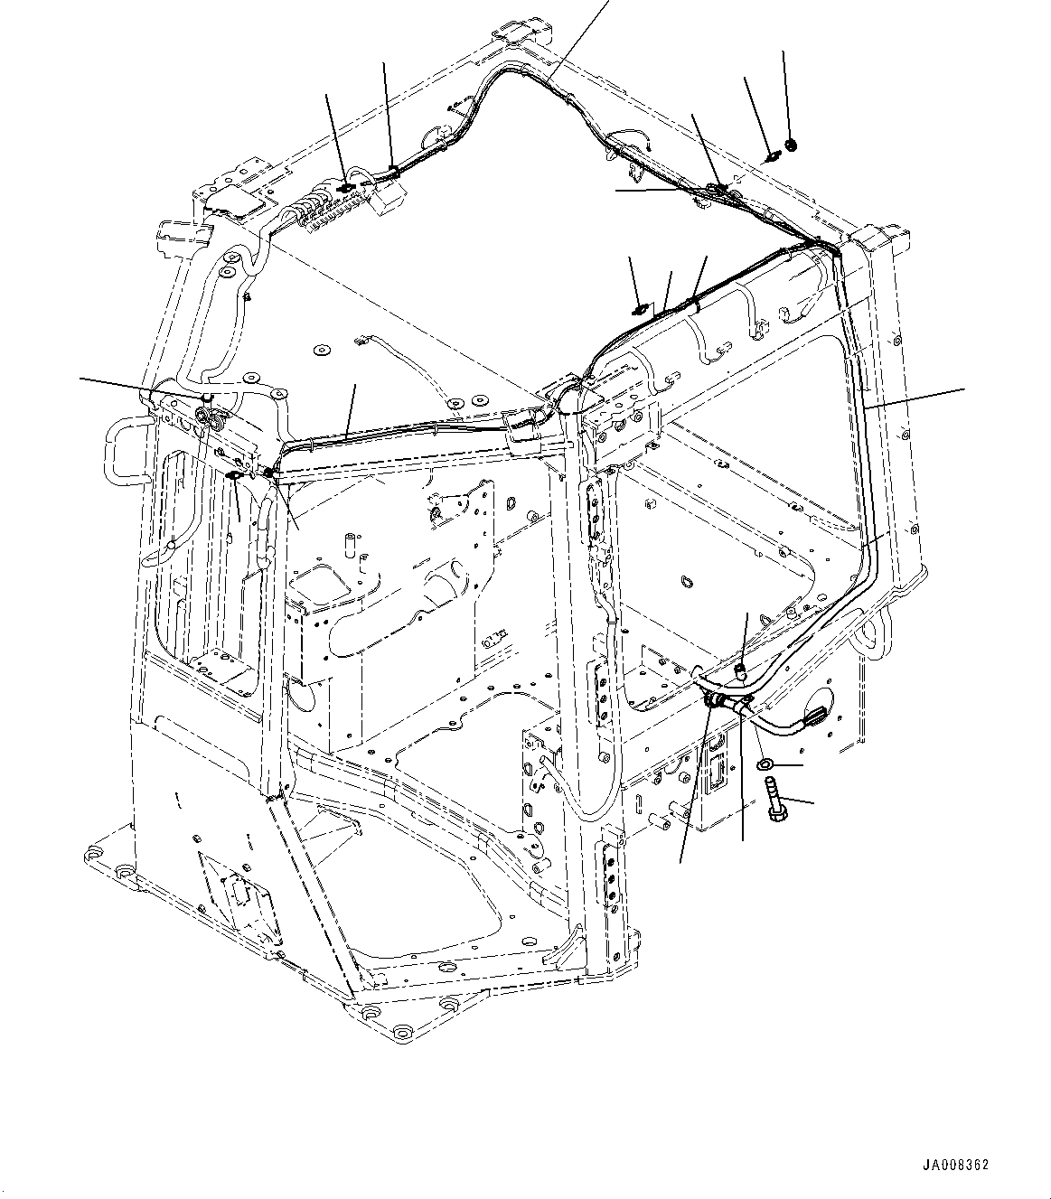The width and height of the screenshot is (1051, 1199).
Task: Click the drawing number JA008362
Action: click(x=955, y=1165)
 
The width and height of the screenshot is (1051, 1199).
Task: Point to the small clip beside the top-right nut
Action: click(x=772, y=156)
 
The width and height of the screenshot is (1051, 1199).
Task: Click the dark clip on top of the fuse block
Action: click(x=347, y=187)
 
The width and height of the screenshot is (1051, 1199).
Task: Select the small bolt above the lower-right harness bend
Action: click(x=738, y=670)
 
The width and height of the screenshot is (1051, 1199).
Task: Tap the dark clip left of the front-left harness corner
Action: click(x=233, y=476)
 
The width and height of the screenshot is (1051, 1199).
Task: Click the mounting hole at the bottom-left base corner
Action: click(x=94, y=855)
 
